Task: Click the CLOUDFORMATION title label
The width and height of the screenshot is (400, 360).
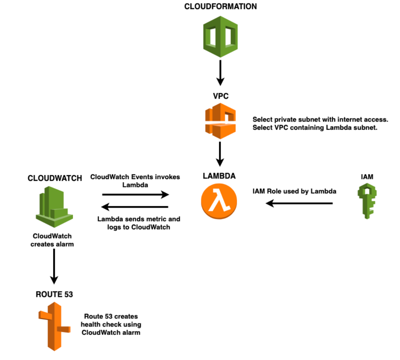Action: click(220, 6)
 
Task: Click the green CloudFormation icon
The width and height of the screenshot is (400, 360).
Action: click(220, 37)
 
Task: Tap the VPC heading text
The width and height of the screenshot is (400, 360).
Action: click(220, 96)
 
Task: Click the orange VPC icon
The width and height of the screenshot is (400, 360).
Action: click(220, 121)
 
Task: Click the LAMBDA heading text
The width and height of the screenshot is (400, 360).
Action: click(219, 176)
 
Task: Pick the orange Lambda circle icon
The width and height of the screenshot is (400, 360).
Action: click(219, 201)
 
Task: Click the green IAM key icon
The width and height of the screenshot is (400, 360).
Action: click(367, 201)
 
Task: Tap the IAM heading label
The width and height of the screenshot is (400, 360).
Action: click(367, 177)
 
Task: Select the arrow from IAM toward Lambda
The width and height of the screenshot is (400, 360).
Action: click(299, 203)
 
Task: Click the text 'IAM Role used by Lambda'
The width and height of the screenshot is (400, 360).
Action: click(294, 191)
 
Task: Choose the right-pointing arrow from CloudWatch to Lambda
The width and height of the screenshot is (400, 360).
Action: click(136, 195)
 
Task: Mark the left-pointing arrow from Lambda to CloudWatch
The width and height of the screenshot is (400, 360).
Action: click(135, 207)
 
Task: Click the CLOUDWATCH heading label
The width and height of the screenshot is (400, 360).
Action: click(55, 178)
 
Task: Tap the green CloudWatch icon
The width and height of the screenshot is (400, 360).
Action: click(54, 207)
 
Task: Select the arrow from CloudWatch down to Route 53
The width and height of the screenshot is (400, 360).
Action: click(54, 266)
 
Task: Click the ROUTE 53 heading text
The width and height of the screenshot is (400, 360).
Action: click(54, 294)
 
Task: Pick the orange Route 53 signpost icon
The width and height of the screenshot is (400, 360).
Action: click(54, 326)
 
